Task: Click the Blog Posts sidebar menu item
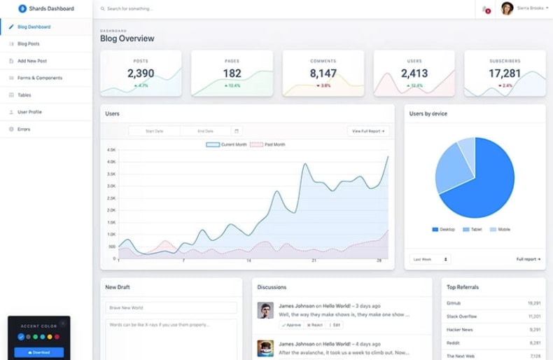tap(28, 44)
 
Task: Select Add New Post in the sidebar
tap(31, 61)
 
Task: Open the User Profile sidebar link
tap(29, 112)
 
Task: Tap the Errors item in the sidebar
tap(23, 129)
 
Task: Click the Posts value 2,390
tap(141, 74)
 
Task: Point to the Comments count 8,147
tap(323, 74)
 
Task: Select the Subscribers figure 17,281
tap(504, 74)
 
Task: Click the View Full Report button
tap(368, 131)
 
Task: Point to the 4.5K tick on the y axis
tap(111, 150)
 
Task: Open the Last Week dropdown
tap(430, 259)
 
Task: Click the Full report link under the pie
tap(528, 259)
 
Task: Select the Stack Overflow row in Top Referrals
tap(462, 317)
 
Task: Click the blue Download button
tap(39, 352)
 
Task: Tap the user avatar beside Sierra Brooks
tap(507, 8)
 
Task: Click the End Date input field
tap(205, 131)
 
